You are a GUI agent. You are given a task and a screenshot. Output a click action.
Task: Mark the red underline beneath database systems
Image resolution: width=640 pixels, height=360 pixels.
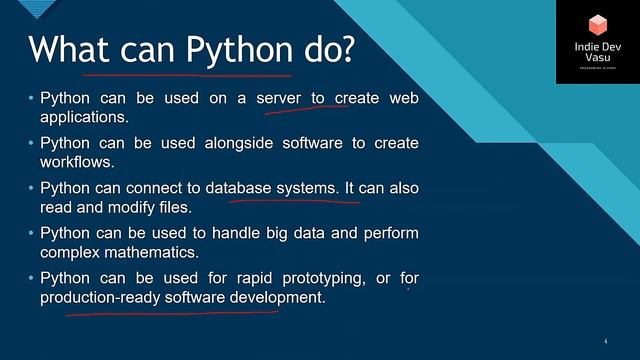(x=295, y=200)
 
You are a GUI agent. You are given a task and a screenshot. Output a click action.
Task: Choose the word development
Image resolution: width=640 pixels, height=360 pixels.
(x=281, y=297)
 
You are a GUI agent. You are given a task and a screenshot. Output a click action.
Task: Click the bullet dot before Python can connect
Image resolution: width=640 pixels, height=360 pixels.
(x=31, y=188)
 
